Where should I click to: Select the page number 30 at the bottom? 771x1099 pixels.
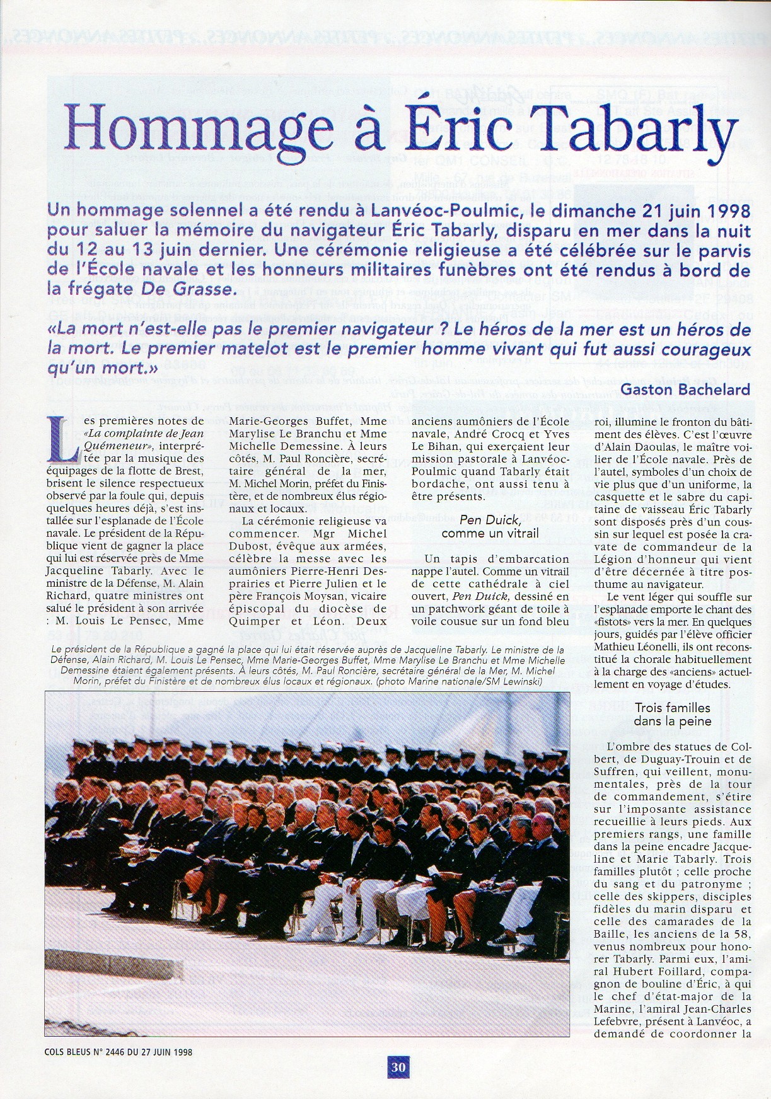pyautogui.click(x=398, y=1067)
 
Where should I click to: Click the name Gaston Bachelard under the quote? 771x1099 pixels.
pyautogui.click(x=685, y=389)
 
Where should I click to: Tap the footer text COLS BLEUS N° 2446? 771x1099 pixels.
pyautogui.click(x=84, y=1051)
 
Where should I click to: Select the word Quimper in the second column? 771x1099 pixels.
pyautogui.click(x=253, y=621)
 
